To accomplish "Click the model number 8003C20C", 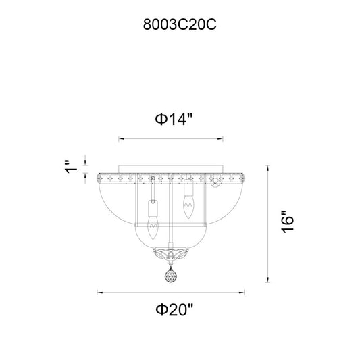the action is point(180,24).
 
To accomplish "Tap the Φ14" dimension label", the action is point(174,119).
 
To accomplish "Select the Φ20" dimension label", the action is point(174,310).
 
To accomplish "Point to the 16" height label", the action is point(288,222).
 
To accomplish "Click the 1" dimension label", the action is point(70,167).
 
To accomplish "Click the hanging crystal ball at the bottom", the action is point(171,276).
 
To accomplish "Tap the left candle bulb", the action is point(153,228).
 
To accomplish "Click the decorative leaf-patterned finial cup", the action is point(171,254).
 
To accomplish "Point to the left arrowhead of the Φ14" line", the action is point(121,138).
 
